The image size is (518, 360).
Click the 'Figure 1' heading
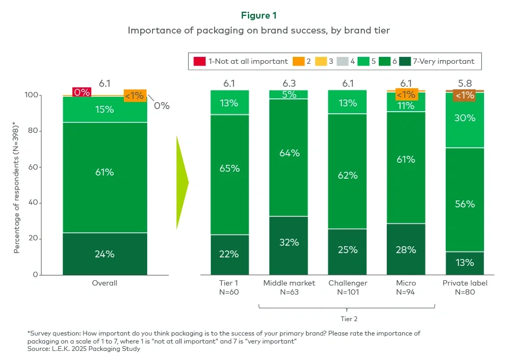[259, 15]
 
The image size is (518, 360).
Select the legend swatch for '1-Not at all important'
[199, 61]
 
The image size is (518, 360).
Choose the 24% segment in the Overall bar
[105, 254]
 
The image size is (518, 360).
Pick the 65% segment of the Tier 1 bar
[229, 169]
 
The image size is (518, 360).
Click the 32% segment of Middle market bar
[288, 242]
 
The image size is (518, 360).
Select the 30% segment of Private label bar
[465, 118]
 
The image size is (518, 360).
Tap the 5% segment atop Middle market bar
[288, 95]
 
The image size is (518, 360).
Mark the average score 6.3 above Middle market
[288, 83]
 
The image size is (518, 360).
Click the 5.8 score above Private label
[465, 83]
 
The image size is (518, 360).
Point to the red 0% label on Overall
[81, 92]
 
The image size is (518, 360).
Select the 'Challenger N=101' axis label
[347, 287]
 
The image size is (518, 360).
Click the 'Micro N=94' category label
[406, 287]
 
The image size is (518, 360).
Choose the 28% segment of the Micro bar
[406, 249]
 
